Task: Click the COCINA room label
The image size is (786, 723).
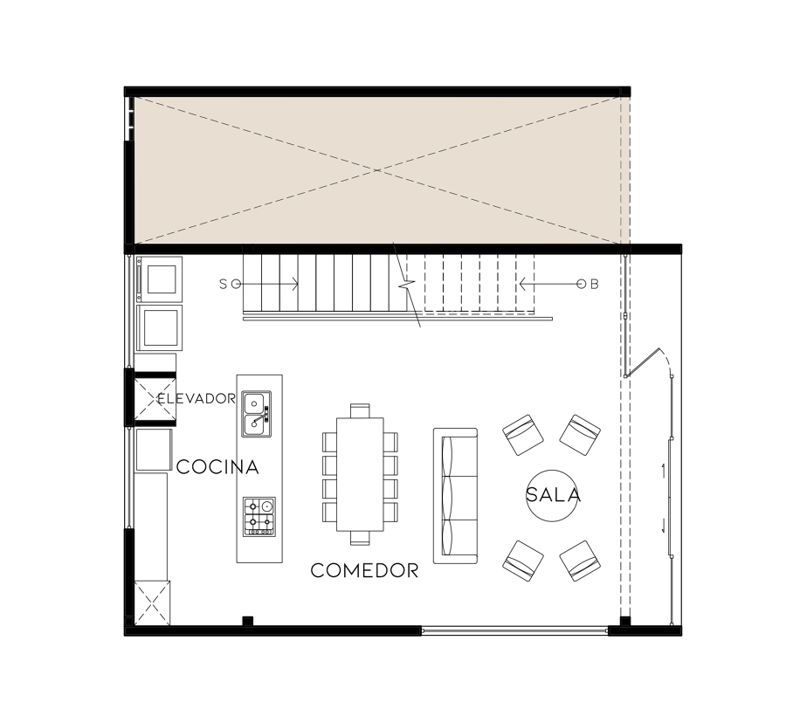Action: [x=217, y=467]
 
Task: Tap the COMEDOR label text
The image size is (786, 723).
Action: [x=364, y=571]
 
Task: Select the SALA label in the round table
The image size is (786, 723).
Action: [x=553, y=495]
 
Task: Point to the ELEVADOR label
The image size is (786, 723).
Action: [x=196, y=399]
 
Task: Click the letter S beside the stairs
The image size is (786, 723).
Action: [x=224, y=284]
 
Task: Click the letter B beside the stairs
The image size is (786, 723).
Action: [x=595, y=284]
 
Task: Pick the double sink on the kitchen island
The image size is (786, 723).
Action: [x=256, y=414]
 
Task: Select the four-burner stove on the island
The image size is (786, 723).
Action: [x=259, y=516]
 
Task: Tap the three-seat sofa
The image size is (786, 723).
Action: [x=455, y=495]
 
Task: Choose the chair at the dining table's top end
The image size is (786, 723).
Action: [x=361, y=410]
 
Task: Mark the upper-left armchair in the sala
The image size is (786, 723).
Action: [x=523, y=434]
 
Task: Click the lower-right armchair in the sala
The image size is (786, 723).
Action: [x=580, y=561]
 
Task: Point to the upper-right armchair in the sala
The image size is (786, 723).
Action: [x=580, y=434]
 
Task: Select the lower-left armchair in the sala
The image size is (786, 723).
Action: [x=523, y=561]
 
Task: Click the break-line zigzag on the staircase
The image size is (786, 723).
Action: [x=406, y=285]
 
